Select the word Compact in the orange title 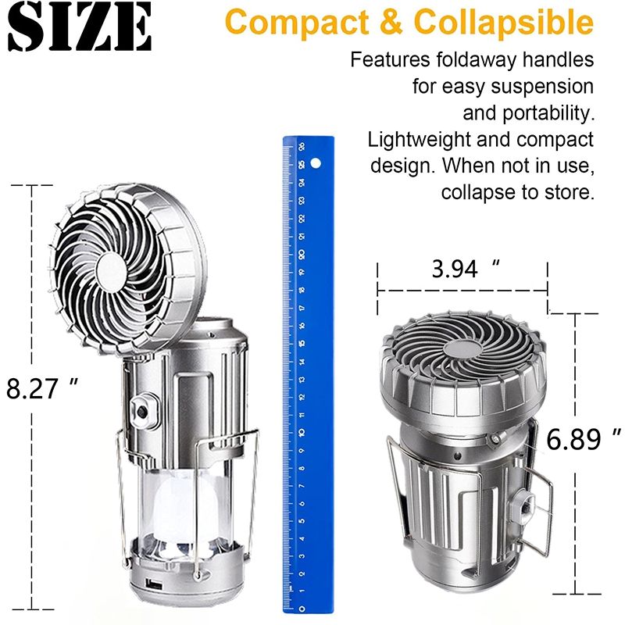pyautogui.click(x=293, y=23)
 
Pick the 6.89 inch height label pyautogui.click(x=584, y=440)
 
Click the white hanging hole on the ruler pyautogui.click(x=316, y=165)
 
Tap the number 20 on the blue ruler pyautogui.click(x=302, y=255)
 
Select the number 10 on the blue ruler pyautogui.click(x=302, y=432)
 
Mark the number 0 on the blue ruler pyautogui.click(x=302, y=608)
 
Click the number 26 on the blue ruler pyautogui.click(x=302, y=148)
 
